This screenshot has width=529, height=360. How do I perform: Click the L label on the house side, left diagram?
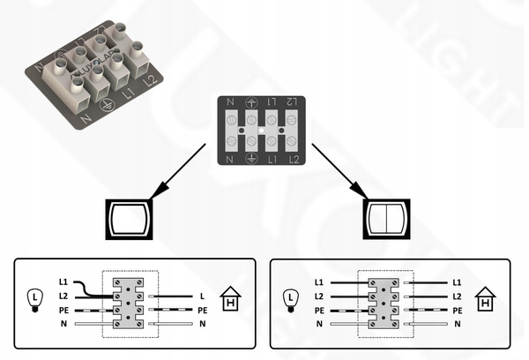[x=202, y=296]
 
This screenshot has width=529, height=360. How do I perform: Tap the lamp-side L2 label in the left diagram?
[x=63, y=296]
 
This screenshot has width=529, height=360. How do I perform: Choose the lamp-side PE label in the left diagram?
[x=63, y=310]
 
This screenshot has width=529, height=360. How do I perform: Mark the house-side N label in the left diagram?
[x=202, y=324]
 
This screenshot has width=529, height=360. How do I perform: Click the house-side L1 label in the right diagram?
[x=457, y=281]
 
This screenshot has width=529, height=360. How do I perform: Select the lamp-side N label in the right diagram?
[x=318, y=324]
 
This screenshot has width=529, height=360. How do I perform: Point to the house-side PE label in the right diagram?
[x=457, y=310]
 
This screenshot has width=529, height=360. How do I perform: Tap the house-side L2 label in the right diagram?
[x=457, y=296]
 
